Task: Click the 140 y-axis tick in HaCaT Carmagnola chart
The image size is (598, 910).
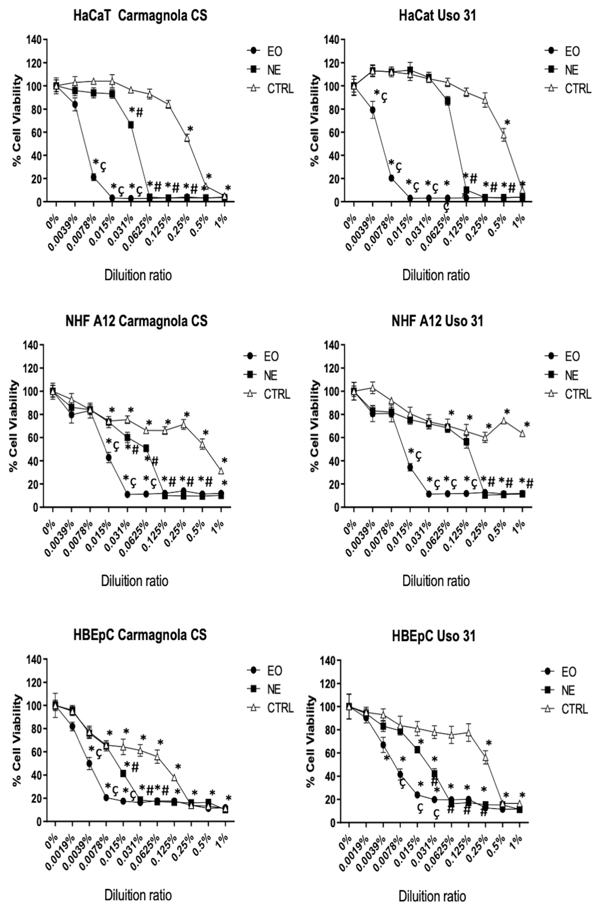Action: point(34,39)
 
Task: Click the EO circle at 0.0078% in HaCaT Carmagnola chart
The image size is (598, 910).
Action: point(93,177)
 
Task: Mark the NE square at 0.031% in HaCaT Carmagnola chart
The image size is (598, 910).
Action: point(131,125)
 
